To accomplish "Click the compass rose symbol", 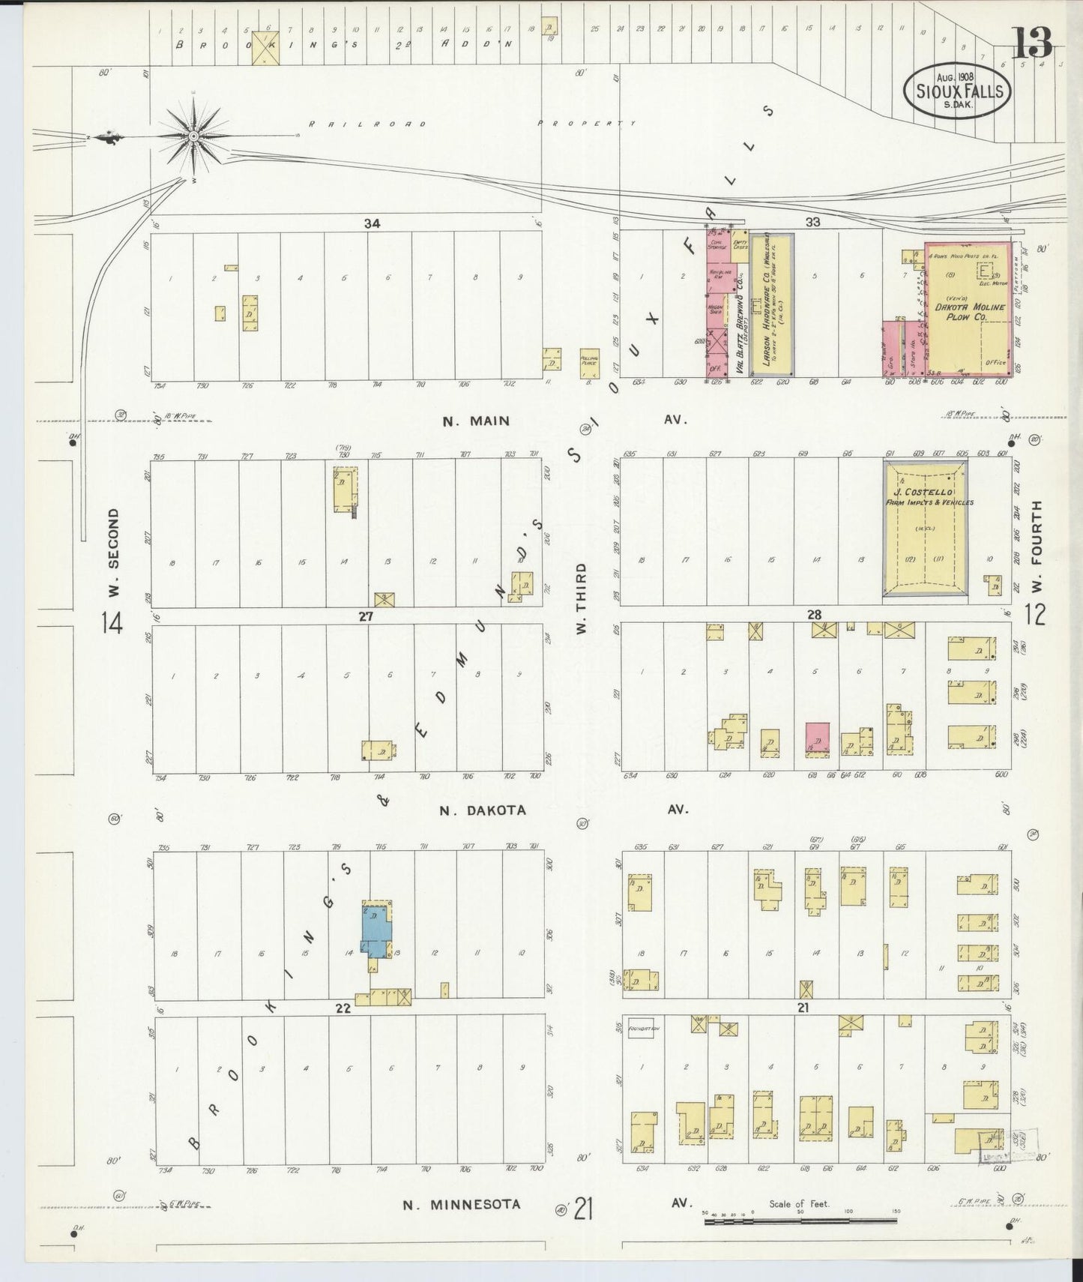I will coord(193,136).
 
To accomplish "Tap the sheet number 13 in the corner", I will coord(1033,43).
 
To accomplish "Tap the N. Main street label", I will coord(475,421).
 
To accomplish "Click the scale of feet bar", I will coord(800,1221).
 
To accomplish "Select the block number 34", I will coord(372,223).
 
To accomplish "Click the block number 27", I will coord(365,616).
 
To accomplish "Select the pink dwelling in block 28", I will coord(817,737).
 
